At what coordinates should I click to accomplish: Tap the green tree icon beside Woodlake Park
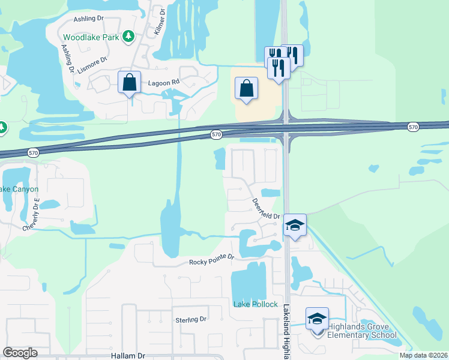(128, 37)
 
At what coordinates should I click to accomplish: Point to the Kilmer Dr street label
(160, 21)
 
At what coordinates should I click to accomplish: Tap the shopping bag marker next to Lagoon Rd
(129, 83)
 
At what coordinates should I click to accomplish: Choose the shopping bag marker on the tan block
(247, 89)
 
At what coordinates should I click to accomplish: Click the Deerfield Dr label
(266, 209)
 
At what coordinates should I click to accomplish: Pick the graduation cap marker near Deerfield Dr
(295, 225)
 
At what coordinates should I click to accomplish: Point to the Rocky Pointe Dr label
(211, 262)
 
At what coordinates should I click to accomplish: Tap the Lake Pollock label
(255, 304)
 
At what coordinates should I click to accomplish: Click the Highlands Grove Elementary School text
(362, 331)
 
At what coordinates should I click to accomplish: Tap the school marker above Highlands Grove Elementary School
(317, 319)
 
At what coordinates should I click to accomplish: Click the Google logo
(20, 353)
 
